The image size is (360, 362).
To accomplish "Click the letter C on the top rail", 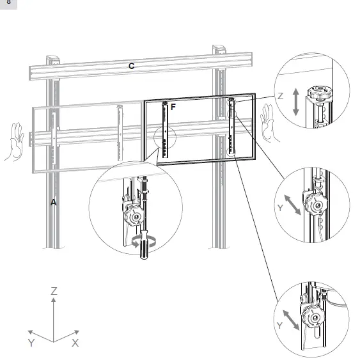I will [x=131, y=65].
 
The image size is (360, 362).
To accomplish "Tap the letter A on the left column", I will [x=54, y=201].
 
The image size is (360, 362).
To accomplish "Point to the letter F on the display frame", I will [x=173, y=107].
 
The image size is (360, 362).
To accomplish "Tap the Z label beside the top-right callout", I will [x=279, y=95].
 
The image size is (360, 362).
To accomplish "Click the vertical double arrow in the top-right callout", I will [x=295, y=102].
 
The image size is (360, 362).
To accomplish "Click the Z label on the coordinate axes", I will [x=54, y=291].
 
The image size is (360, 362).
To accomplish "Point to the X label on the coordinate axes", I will [x=75, y=343].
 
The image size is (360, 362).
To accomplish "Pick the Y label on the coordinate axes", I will [x=31, y=343].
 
